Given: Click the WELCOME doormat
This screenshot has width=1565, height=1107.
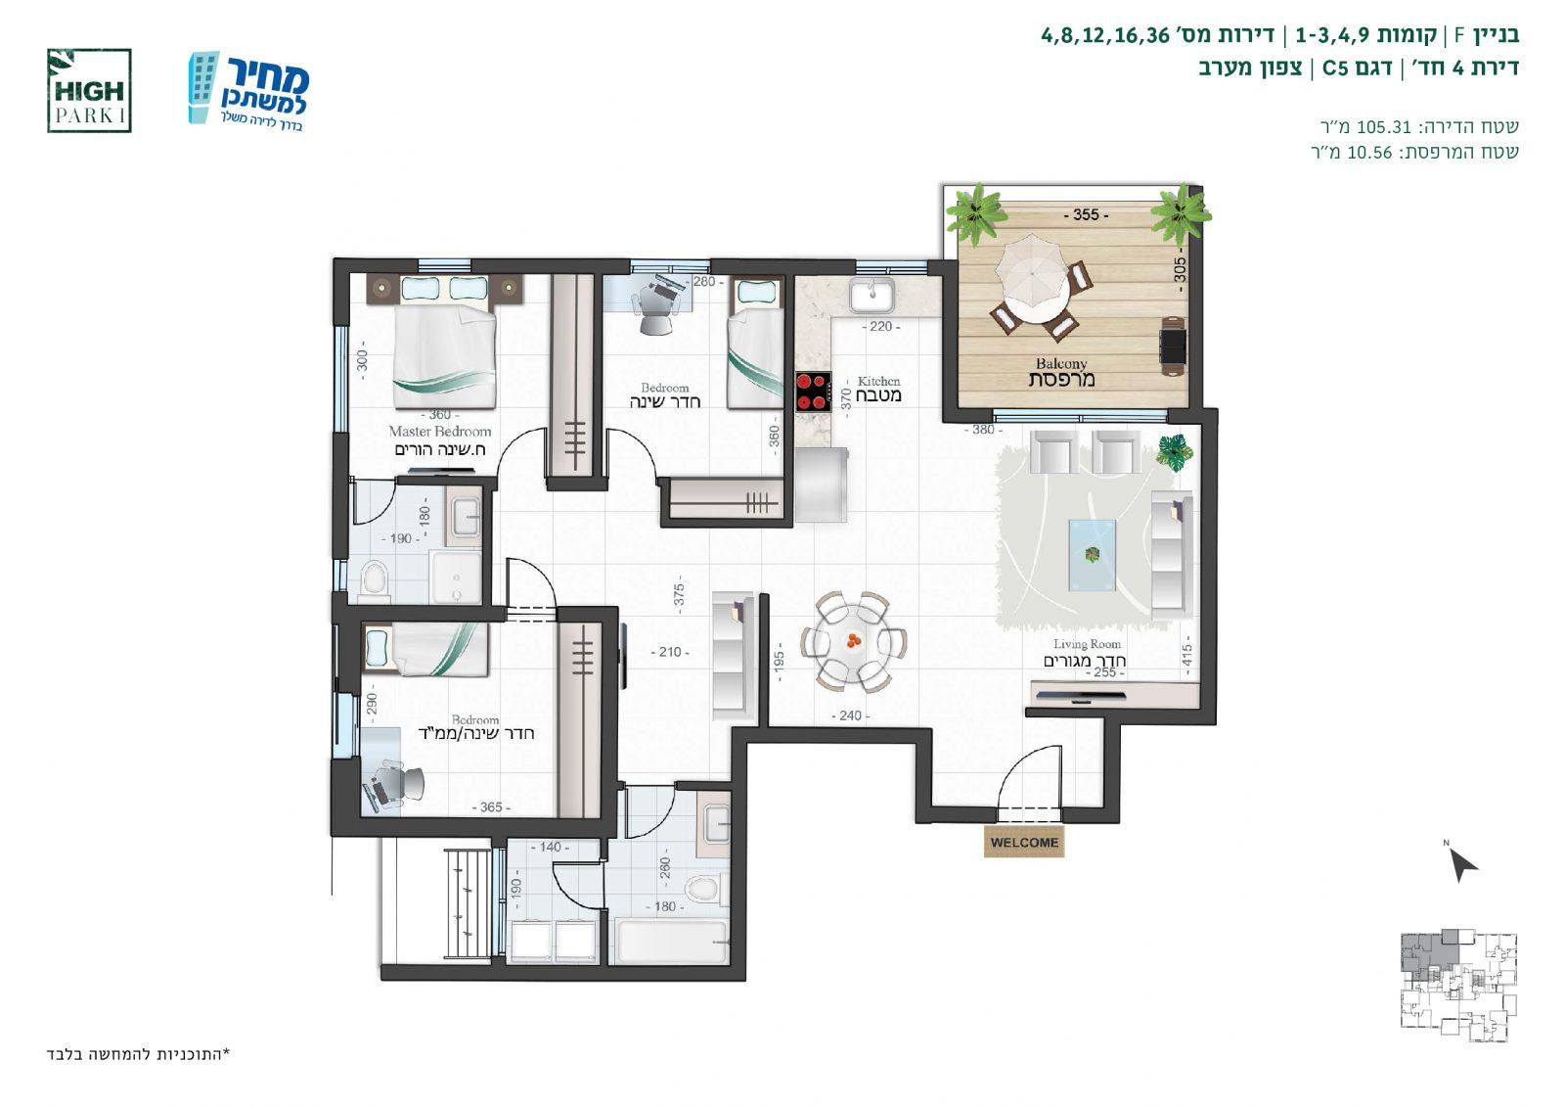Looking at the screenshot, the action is coord(1023,842).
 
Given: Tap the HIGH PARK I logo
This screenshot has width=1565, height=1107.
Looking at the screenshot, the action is coord(89,91).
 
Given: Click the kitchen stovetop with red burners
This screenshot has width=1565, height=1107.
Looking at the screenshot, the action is coord(813,392).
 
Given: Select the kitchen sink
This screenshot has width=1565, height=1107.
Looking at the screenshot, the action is coord(872,295).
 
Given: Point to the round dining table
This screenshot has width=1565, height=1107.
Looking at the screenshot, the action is coord(854,641).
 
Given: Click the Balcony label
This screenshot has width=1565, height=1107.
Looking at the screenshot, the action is coord(1060,364).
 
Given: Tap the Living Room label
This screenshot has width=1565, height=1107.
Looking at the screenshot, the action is coord(1087,644).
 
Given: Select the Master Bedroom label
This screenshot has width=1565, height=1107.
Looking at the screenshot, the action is coord(440,432).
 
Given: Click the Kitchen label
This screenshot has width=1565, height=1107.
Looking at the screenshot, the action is coord(879,381).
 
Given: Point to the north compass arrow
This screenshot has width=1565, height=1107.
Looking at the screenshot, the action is coord(1463,864).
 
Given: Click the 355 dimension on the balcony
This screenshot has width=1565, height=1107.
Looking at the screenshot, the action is coord(1086,214).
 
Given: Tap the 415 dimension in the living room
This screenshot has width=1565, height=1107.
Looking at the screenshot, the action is coord(1187,655).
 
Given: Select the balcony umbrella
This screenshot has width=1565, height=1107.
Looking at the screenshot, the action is coord(1032,269).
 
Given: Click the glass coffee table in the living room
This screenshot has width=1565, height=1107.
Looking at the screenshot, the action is coord(1092,555).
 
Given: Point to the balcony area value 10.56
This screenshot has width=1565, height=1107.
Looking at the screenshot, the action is coord(1369,152).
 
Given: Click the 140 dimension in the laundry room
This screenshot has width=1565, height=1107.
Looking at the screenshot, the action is coord(550,847).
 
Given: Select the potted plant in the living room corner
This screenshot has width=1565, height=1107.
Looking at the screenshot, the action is coord(1175,451).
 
